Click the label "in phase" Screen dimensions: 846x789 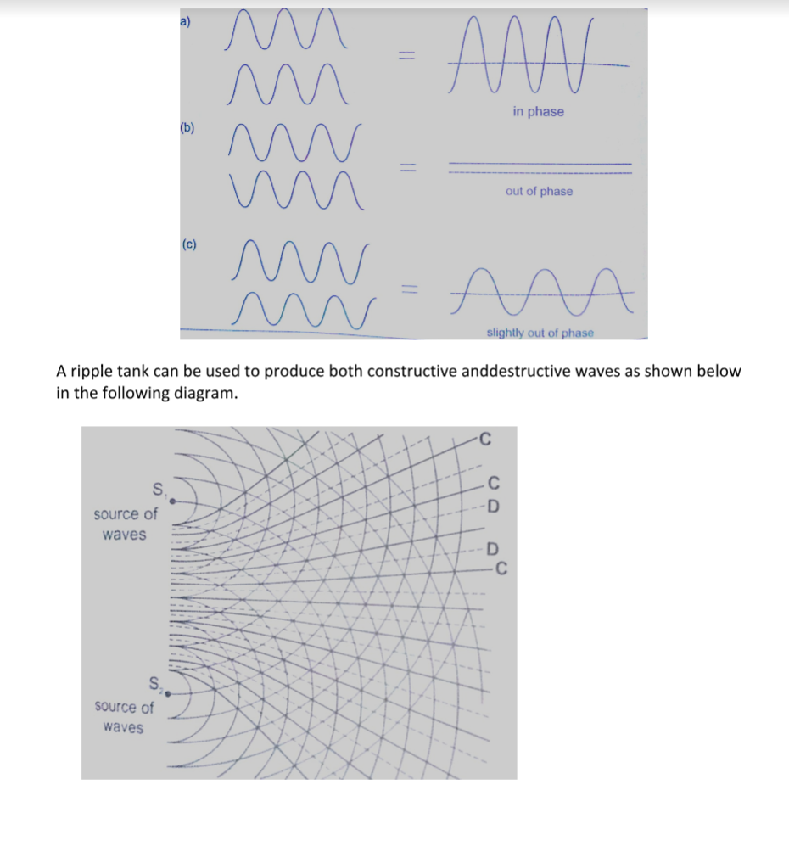538,112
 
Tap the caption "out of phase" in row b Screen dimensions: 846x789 539,192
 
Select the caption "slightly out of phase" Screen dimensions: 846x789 540,333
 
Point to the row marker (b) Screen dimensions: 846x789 187,129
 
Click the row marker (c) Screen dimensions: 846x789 189,245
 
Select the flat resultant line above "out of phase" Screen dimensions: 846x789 540,167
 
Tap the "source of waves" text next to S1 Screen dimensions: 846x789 125,524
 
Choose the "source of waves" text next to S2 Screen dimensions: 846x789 124,717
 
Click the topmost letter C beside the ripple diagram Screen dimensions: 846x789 485,440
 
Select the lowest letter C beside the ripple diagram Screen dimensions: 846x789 501,569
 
